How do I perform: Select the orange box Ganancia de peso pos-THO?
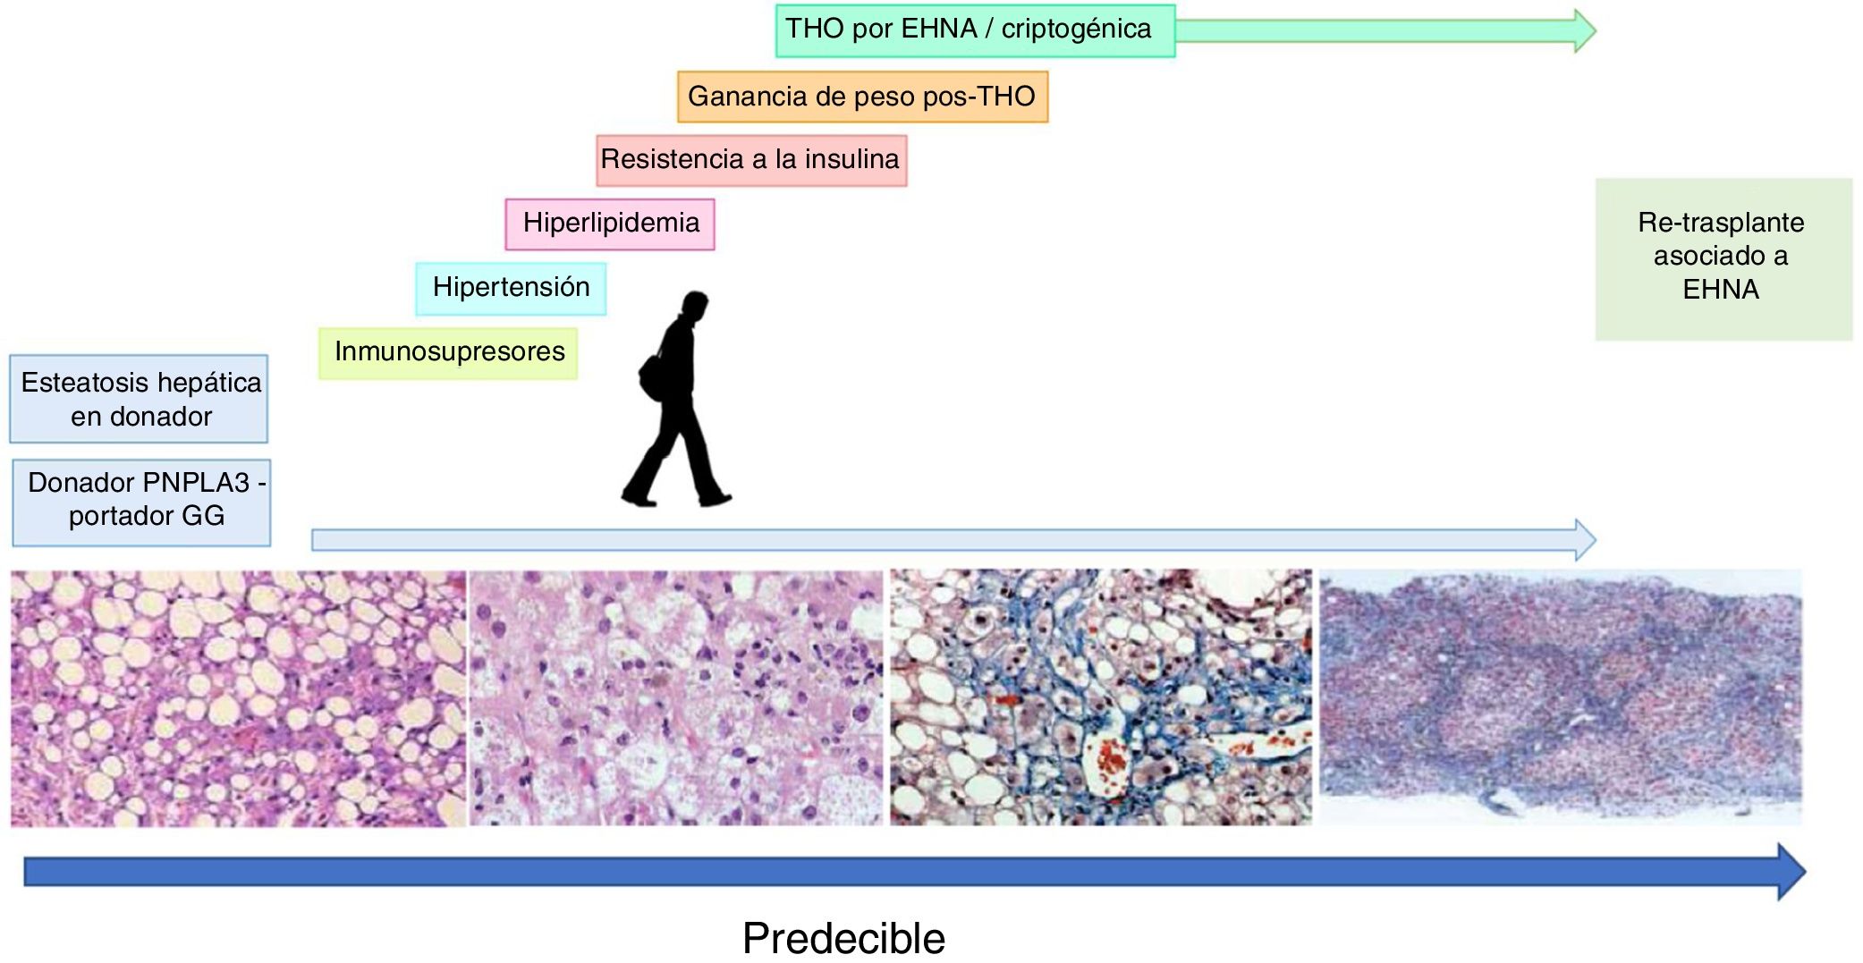pos(862,97)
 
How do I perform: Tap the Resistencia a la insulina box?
pos(751,160)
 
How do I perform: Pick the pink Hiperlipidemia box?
pos(610,224)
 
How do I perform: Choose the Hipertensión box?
pos(511,288)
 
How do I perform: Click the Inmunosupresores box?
pos(448,353)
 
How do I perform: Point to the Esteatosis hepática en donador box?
pos(140,399)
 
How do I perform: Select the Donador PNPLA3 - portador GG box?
pos(141,502)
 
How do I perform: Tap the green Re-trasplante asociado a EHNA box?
pos(1723,258)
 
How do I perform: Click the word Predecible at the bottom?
pos(843,938)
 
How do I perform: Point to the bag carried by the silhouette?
pos(650,374)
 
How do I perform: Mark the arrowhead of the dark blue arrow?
pos(1791,871)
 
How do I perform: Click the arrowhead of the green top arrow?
pos(1584,30)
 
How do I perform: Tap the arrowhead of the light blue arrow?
pos(1584,539)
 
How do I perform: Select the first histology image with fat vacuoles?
pos(238,697)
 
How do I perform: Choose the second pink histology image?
pos(676,697)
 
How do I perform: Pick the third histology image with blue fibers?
pos(1101,697)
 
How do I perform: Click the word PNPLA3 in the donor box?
pos(195,483)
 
